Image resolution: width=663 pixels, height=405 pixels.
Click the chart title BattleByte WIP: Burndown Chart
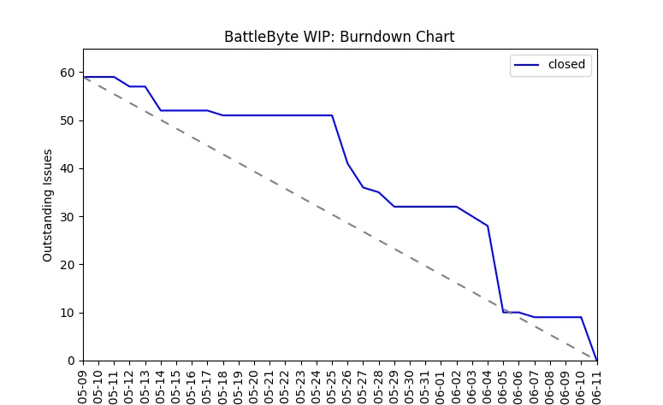tap(339, 38)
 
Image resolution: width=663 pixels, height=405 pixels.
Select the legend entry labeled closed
tap(566, 65)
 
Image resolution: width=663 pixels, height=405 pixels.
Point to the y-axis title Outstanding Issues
tap(48, 205)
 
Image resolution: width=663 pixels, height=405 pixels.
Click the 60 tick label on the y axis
tap(67, 73)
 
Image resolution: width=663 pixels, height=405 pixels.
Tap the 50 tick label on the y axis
tap(67, 120)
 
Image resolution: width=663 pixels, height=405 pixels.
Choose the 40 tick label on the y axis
tap(67, 168)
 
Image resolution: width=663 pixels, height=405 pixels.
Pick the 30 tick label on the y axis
tap(67, 217)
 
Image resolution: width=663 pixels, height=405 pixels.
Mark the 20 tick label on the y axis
tap(67, 265)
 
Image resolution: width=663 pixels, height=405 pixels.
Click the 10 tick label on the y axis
tap(67, 313)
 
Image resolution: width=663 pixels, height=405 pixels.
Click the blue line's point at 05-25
tap(332, 115)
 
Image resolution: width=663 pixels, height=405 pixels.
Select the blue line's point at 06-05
tap(503, 313)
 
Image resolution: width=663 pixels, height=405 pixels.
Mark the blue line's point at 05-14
tap(161, 110)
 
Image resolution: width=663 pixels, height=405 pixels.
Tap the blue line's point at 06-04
tap(488, 226)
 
